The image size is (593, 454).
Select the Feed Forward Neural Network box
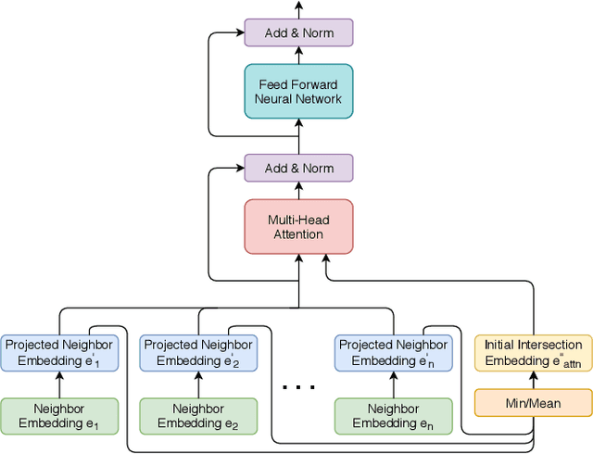298,91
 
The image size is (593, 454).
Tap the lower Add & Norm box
298,169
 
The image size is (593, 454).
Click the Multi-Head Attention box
298,226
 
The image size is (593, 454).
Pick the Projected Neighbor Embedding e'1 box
59,352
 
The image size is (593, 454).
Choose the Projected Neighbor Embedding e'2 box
196,352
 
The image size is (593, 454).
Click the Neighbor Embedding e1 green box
59,416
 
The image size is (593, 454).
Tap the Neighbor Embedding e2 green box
196,416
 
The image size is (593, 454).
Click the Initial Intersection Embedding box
533,352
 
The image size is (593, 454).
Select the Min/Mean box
533,402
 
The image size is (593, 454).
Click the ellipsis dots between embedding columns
297,386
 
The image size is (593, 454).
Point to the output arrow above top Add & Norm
298,9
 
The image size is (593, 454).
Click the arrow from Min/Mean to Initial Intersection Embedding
533,379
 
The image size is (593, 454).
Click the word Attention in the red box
298,234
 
